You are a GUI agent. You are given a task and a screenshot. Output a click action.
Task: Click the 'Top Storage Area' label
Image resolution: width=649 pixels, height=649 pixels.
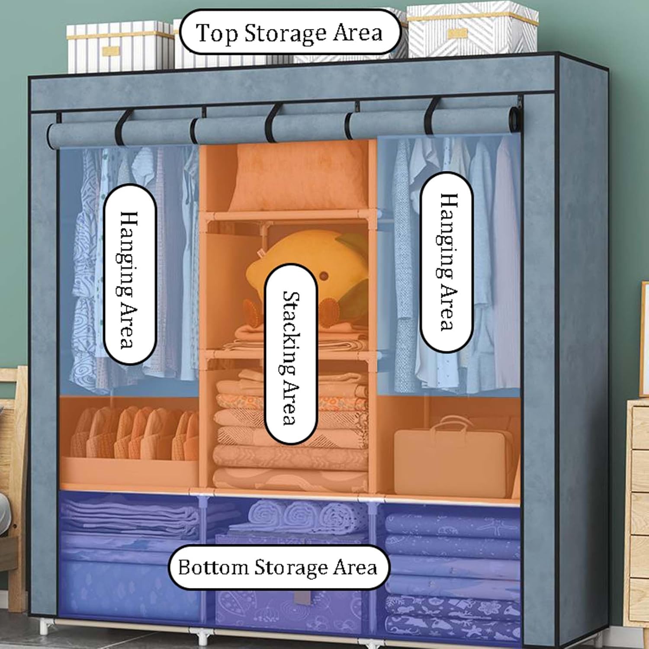point(289,33)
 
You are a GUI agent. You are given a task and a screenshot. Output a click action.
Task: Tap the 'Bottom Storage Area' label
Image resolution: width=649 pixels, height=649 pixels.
point(278,567)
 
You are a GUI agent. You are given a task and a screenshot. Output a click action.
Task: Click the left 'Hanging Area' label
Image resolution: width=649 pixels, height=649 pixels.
point(129,274)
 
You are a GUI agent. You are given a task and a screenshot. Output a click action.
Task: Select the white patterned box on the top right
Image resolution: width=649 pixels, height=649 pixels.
point(472,29)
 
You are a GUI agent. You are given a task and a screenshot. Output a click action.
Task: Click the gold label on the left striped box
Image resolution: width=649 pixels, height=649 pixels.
point(111,51)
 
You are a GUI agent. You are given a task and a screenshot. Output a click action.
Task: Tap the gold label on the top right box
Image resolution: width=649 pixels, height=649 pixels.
point(457,34)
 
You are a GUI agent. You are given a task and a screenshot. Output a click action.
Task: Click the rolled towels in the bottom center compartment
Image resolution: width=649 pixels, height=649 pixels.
point(303,515)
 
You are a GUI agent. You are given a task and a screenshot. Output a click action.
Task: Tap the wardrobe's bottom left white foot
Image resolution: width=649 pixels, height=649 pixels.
point(44,627)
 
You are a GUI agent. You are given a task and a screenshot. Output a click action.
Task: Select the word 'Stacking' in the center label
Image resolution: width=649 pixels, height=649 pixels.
point(290,333)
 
